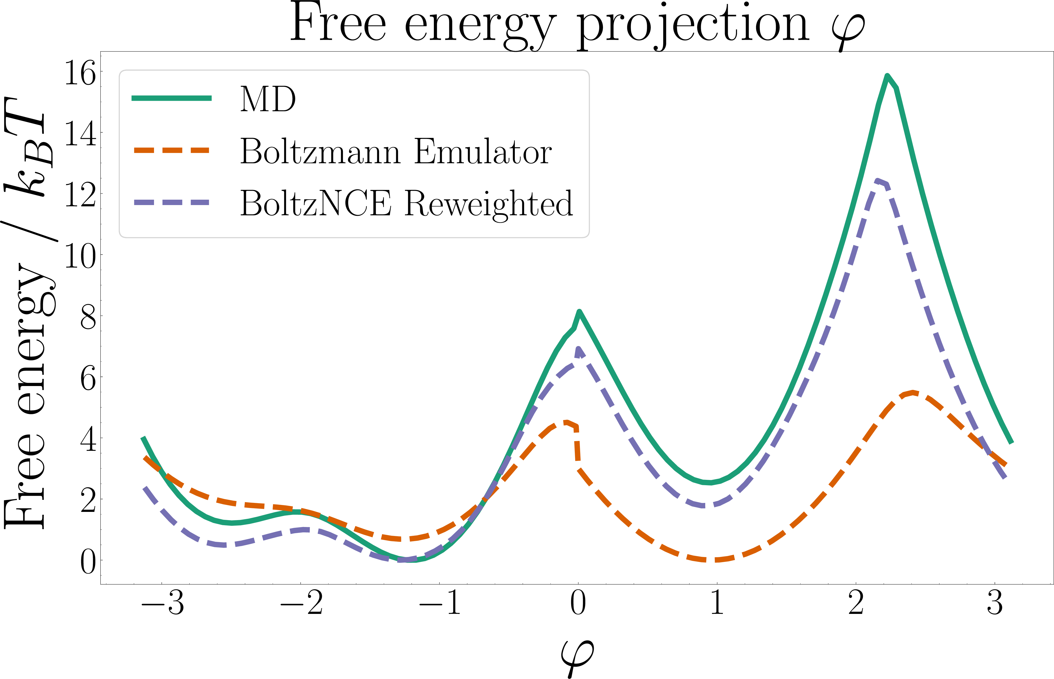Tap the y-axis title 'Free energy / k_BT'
[x=29, y=313]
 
